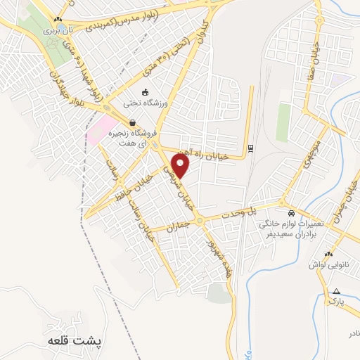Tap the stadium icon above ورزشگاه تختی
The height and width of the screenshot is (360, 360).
(145, 92)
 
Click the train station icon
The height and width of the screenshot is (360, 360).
(250, 148)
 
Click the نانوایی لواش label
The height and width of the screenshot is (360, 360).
(328, 266)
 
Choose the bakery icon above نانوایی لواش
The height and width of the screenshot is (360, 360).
(328, 254)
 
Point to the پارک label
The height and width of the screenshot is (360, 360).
(337, 301)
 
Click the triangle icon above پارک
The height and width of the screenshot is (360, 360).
(337, 290)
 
